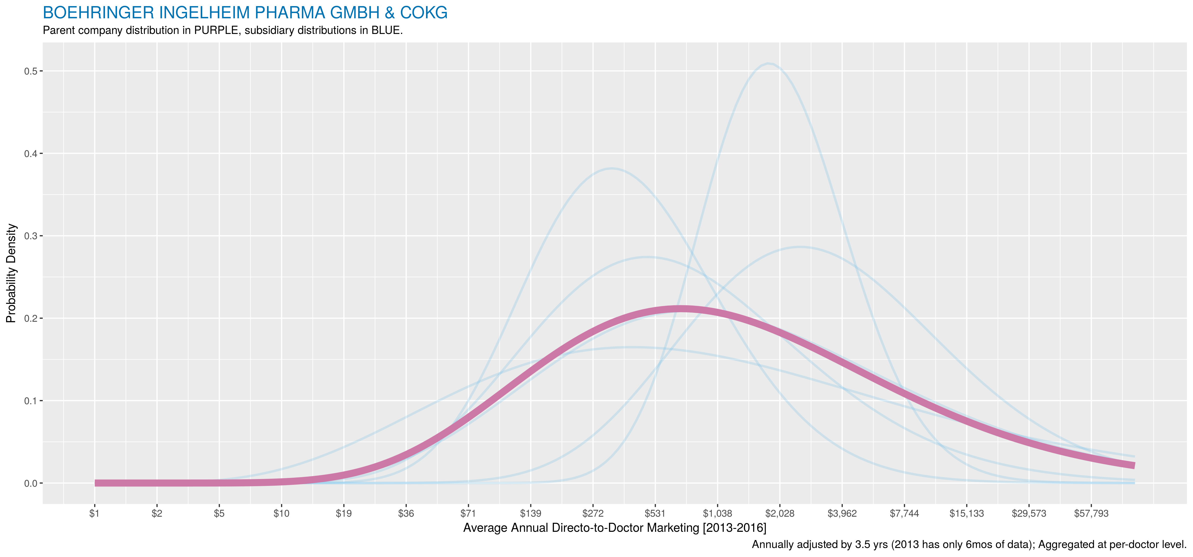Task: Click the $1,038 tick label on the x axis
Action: [x=717, y=514]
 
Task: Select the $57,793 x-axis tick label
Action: [x=1091, y=514]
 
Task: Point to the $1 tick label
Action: [x=94, y=514]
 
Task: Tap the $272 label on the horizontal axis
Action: [x=593, y=514]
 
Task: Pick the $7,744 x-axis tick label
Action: [x=904, y=514]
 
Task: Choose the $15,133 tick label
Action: [x=967, y=514]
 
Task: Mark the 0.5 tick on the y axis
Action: [x=30, y=71]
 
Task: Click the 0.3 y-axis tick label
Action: [x=30, y=236]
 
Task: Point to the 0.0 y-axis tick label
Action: [x=30, y=483]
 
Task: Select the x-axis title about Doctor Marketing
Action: [x=615, y=528]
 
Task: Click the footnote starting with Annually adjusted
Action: [x=969, y=545]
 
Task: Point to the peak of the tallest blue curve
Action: [x=769, y=63]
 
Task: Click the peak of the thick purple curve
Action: [x=680, y=309]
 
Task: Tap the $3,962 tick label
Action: [x=842, y=514]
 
